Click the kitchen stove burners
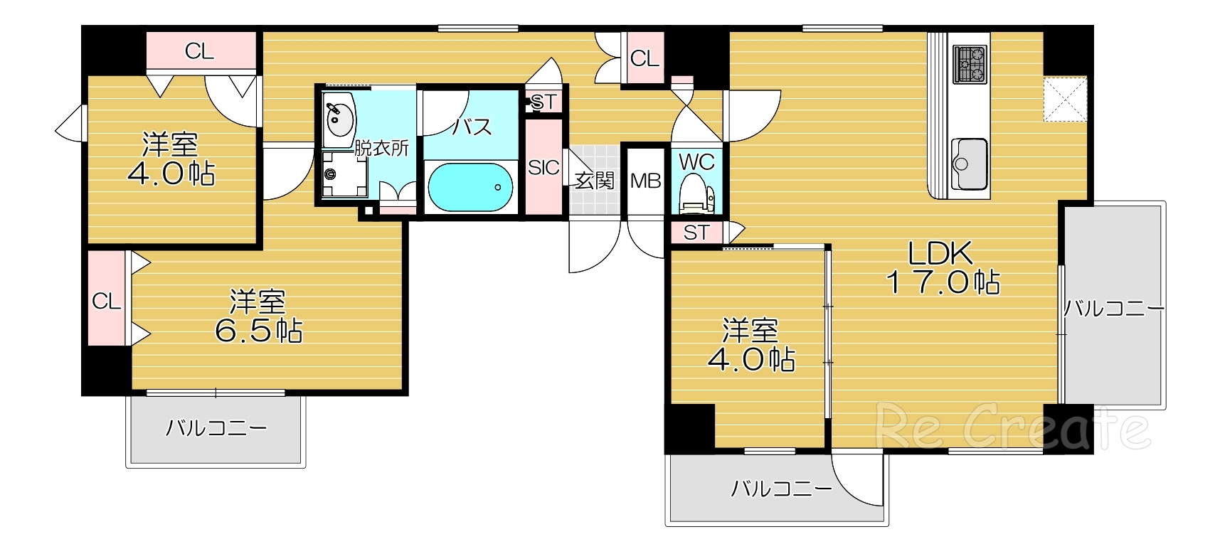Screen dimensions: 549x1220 pyautogui.click(x=970, y=63)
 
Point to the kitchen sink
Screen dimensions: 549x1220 pyautogui.click(x=969, y=164)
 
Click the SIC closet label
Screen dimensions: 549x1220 pyautogui.click(x=543, y=168)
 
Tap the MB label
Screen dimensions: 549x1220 pyautogui.click(x=645, y=181)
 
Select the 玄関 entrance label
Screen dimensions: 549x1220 pyautogui.click(x=594, y=181)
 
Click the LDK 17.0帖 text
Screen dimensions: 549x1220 pyautogui.click(x=942, y=268)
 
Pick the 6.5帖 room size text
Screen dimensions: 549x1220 pyautogui.click(x=258, y=331)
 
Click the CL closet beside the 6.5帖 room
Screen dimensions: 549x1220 pyautogui.click(x=106, y=302)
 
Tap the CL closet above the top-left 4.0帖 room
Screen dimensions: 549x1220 pyautogui.click(x=199, y=51)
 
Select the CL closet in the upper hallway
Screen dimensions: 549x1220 pyautogui.click(x=645, y=59)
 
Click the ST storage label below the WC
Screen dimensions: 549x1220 pyautogui.click(x=696, y=233)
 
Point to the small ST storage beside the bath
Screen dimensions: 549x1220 pyautogui.click(x=544, y=102)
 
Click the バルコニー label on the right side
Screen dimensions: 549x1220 pyautogui.click(x=1113, y=309)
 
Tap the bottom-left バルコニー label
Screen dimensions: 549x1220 pyautogui.click(x=216, y=428)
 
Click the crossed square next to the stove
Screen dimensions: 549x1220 pyautogui.click(x=1065, y=100)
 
